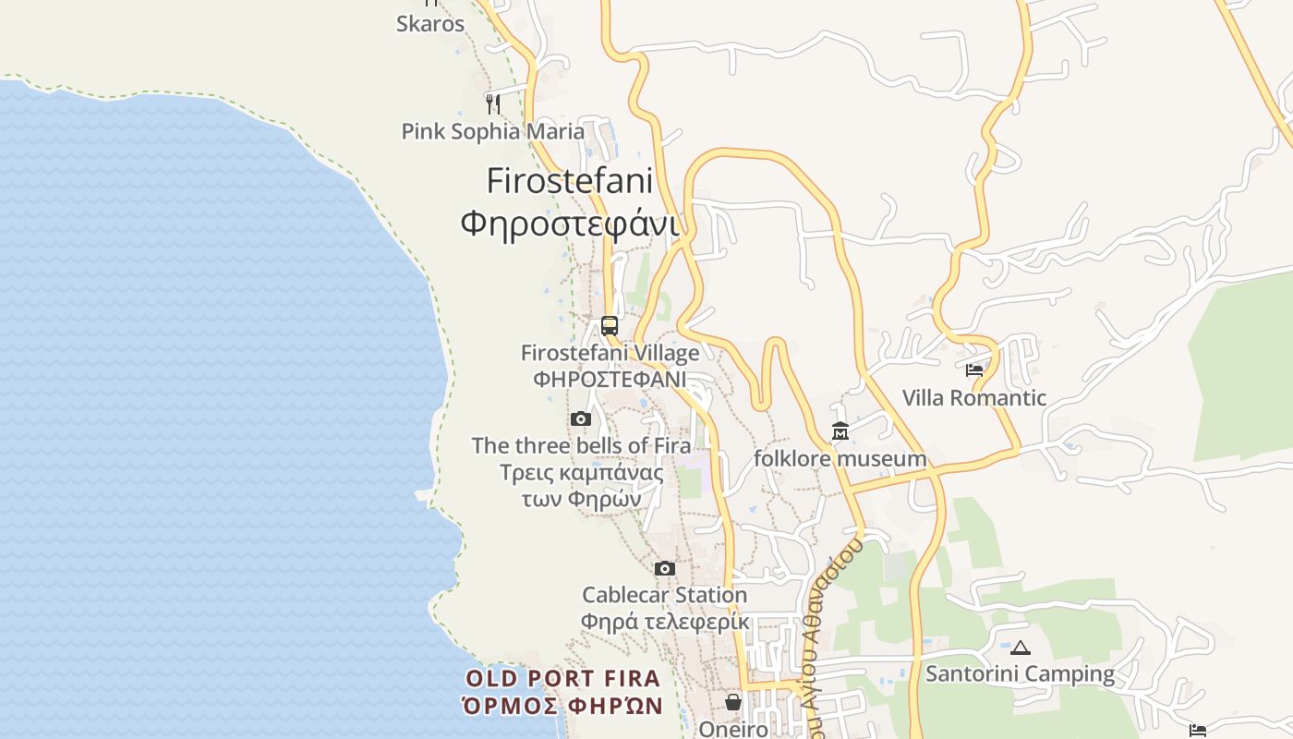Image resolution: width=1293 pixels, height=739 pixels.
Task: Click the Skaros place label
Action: click(430, 24)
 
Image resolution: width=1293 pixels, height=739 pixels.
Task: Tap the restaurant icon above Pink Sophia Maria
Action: click(493, 103)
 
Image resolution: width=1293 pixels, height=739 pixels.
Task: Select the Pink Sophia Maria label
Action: click(493, 131)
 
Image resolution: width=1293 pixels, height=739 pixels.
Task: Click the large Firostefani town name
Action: click(570, 180)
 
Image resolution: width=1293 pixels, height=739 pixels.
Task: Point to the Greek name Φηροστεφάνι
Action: click(570, 223)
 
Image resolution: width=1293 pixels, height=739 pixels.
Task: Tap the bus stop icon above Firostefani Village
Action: click(610, 325)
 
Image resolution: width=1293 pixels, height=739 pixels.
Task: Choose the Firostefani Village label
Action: click(610, 353)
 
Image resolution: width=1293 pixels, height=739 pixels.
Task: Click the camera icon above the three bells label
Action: click(581, 418)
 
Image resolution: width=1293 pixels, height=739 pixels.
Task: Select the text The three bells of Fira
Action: click(581, 445)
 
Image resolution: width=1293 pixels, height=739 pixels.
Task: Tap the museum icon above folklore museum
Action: click(840, 430)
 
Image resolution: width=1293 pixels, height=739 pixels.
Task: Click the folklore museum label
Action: click(840, 458)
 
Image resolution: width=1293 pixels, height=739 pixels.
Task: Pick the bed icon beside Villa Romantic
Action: click(974, 370)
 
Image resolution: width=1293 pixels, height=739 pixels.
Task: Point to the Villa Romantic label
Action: click(974, 398)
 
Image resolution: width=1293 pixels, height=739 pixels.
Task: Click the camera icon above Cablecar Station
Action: click(665, 568)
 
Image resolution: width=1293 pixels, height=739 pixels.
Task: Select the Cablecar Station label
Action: click(665, 595)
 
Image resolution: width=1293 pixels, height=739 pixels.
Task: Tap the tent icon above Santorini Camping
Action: click(1020, 648)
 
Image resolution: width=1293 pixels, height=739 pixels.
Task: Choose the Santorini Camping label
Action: click(1020, 674)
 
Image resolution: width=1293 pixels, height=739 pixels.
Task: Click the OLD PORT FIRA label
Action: click(563, 679)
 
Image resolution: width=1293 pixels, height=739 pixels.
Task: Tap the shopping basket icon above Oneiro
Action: click(733, 702)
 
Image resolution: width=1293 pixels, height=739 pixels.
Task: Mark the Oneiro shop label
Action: click(733, 729)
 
